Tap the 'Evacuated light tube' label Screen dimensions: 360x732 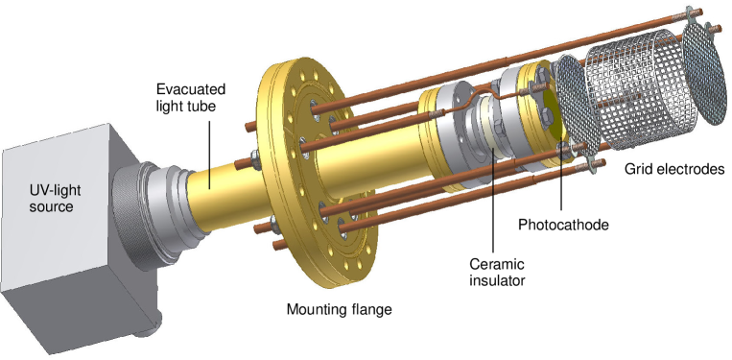click(192, 97)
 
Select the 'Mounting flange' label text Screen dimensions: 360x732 click(340, 309)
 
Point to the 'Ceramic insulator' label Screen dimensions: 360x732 click(498, 272)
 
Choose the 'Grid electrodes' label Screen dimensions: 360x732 click(672, 171)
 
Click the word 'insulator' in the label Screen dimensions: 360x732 click(498, 280)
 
